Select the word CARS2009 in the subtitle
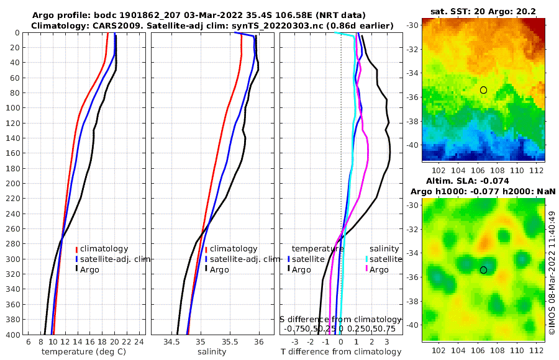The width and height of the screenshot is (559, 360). coord(103,25)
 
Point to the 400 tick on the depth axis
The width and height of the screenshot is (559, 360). coord(13,335)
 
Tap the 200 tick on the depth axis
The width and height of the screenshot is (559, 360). coord(13,184)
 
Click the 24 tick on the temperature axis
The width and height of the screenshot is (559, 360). coord(139,342)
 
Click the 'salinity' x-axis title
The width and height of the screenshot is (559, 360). coord(211,352)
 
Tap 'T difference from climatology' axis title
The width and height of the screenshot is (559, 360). coord(341,352)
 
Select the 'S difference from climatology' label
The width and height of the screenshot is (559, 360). coord(341,319)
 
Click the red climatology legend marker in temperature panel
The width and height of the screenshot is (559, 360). coord(76,249)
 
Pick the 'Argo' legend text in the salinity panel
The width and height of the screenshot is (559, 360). coord(219,270)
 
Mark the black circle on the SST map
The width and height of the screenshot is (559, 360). coord(483,90)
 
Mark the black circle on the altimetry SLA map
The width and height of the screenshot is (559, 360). coord(483,270)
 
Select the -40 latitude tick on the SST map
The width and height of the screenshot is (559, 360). coord(413,145)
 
